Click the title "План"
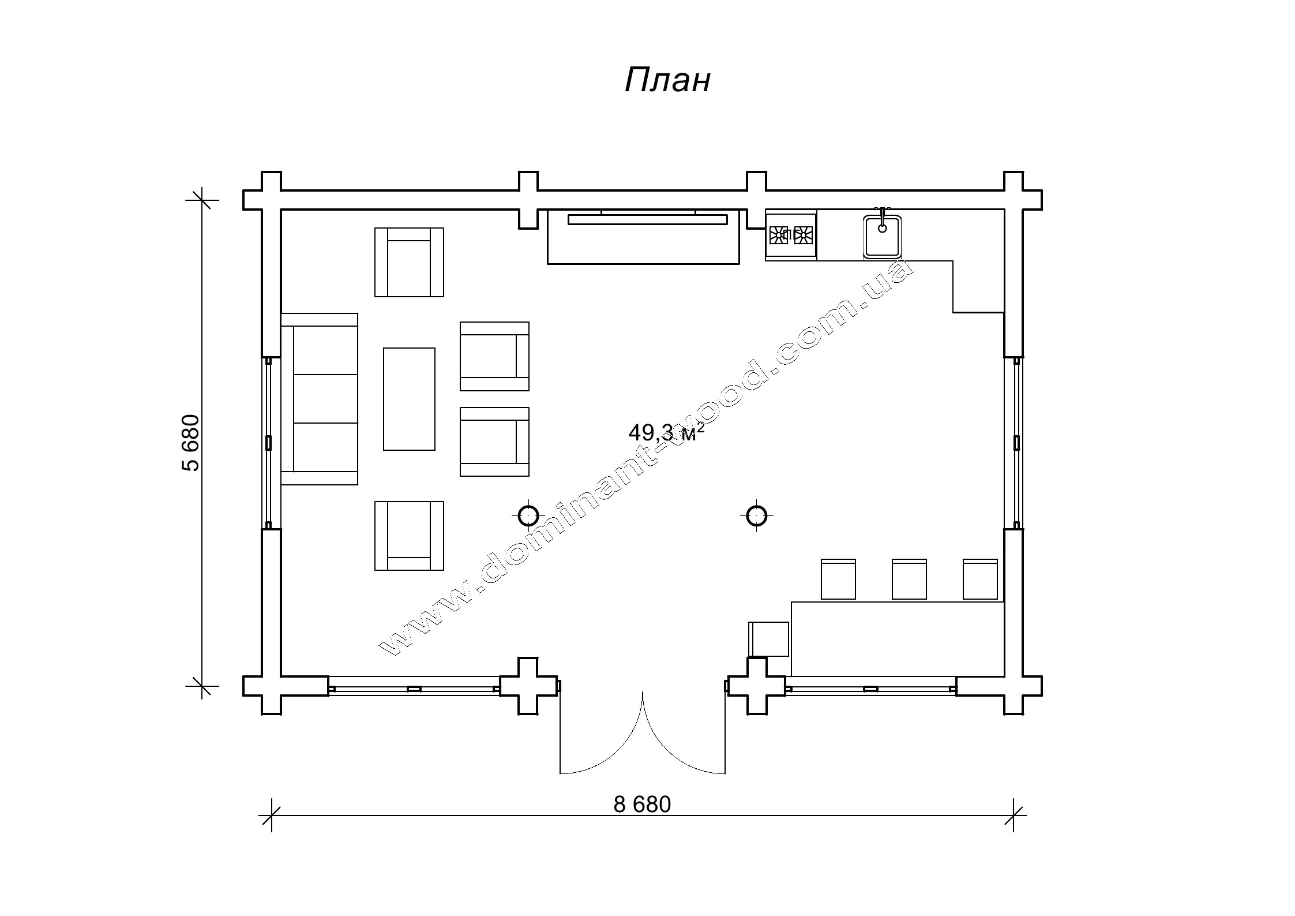667,80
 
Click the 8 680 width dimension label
642,805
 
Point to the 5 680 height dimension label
191,443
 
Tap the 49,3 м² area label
666,432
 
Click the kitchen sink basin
882,237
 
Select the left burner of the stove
778,234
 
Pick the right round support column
756,515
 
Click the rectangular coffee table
409,399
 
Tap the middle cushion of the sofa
325,399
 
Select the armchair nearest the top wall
409,262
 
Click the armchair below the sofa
409,536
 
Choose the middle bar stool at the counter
909,579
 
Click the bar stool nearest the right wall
980,579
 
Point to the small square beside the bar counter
768,639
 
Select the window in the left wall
268,443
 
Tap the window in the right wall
1016,443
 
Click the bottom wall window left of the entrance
414,689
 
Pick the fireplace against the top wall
643,237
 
